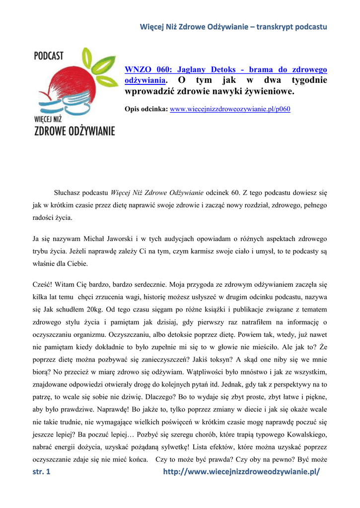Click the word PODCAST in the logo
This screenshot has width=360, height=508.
49,55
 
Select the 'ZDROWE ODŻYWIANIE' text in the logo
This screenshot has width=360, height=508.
74,131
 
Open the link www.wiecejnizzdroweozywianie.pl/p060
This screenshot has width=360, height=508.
230,109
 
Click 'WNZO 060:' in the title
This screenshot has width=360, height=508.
143,70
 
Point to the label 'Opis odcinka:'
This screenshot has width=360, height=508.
146,109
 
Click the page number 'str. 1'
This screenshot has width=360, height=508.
42,472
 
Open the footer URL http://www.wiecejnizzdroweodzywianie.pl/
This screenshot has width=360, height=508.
242,472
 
